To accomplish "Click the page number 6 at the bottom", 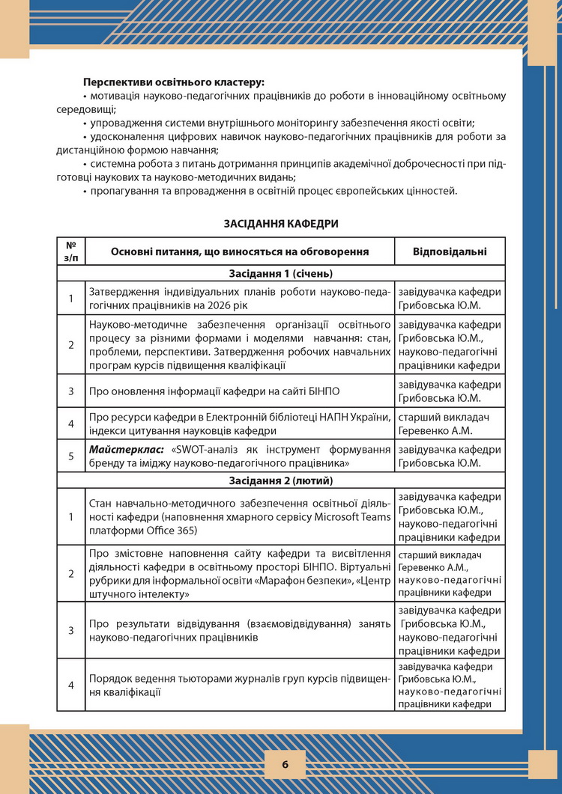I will pos(285,764).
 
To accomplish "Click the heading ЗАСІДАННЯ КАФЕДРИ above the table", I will pos(280,223).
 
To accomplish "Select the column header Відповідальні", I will pos(450,251).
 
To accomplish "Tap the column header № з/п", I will pos(71,251).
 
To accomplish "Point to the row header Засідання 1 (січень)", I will pos(281,273).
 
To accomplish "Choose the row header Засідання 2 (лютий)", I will pos(281,480).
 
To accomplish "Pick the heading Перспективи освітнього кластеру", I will pos(174,81).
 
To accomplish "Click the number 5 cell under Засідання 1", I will pos(71,456).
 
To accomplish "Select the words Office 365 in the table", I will pos(172,530).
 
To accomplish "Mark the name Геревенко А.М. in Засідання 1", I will pos(434,430).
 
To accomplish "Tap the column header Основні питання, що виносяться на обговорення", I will pos(240,251).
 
